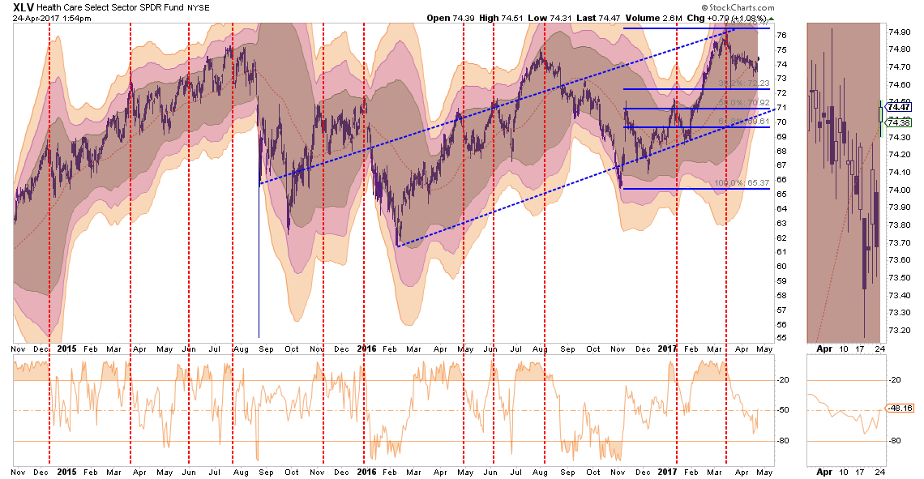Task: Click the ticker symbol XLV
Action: (x=24, y=8)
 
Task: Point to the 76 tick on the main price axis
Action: (x=781, y=36)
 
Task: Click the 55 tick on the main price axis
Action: (x=781, y=337)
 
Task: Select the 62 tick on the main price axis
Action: (x=781, y=237)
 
